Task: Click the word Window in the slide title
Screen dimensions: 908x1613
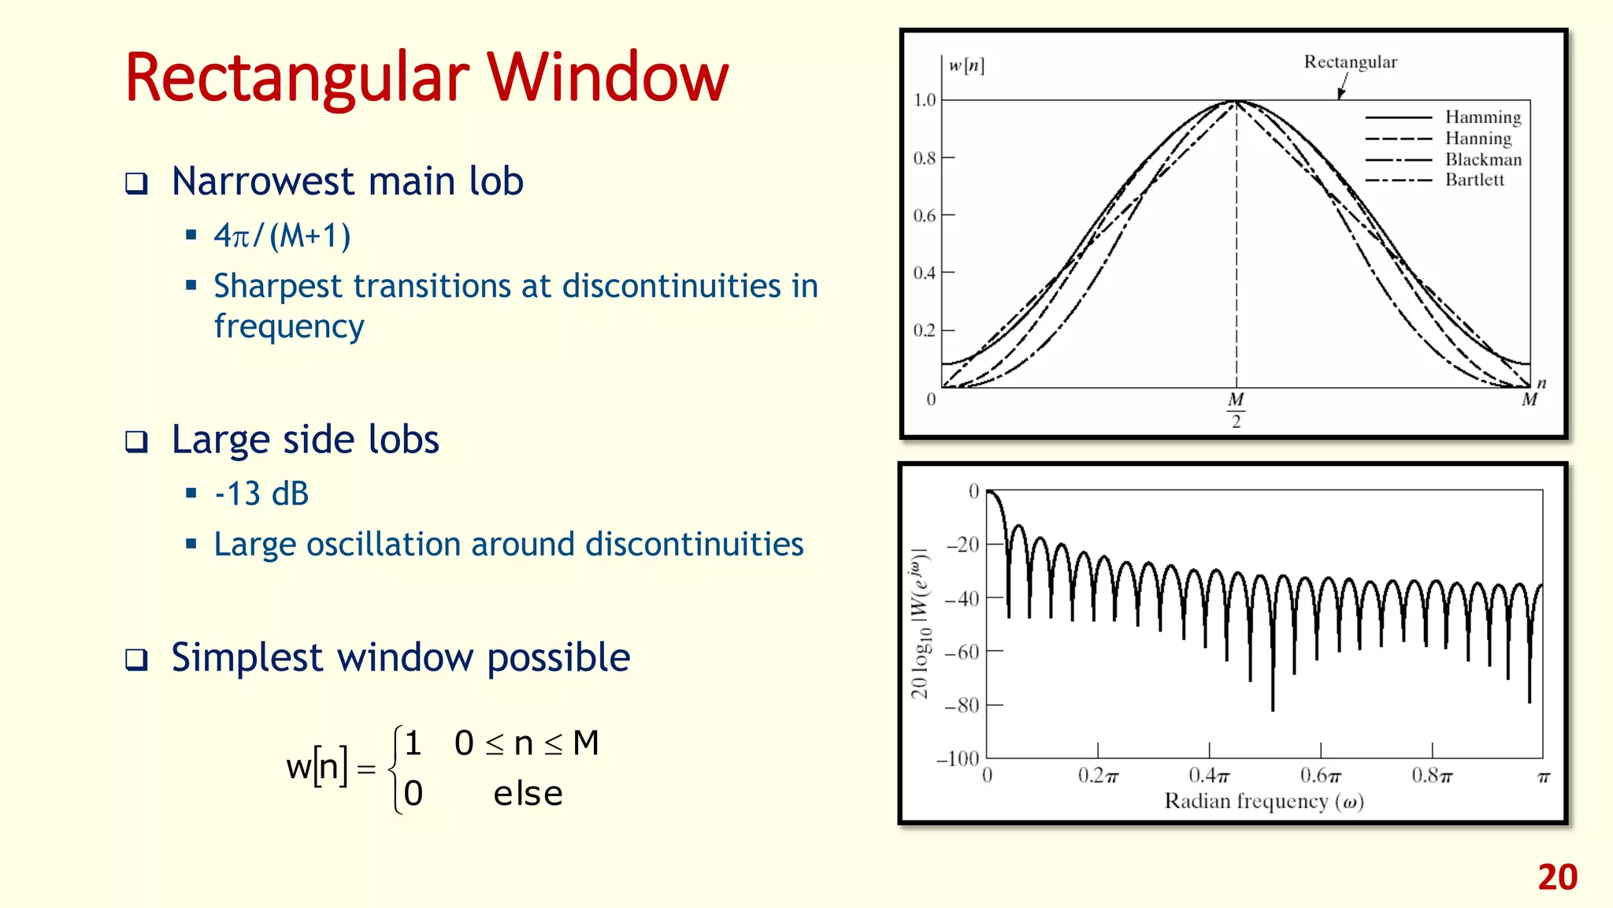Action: click(607, 78)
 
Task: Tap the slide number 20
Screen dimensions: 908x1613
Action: click(1557, 877)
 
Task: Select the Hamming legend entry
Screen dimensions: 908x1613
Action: click(1482, 117)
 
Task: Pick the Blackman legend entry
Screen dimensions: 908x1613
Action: click(1482, 159)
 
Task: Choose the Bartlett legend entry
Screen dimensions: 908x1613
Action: click(1474, 180)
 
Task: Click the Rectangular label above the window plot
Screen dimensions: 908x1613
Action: click(1350, 62)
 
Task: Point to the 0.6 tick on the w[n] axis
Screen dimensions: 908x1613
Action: click(925, 215)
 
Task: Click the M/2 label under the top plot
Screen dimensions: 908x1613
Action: click(1236, 410)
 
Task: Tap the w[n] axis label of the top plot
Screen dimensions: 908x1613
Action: click(966, 65)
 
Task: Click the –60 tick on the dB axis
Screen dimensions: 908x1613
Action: click(962, 653)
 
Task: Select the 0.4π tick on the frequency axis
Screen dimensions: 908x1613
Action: click(1209, 776)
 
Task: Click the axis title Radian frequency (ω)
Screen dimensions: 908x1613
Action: click(1263, 802)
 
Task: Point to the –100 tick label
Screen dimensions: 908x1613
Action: click(957, 759)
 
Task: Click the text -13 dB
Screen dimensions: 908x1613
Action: click(261, 494)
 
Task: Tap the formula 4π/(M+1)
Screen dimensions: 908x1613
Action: click(282, 236)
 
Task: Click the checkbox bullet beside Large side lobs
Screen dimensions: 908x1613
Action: click(137, 441)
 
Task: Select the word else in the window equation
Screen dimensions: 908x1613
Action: click(528, 794)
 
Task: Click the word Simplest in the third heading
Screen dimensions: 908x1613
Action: click(247, 658)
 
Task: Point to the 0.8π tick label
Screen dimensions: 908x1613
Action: click(1431, 776)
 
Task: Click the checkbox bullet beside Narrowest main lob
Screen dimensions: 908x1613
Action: click(137, 183)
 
